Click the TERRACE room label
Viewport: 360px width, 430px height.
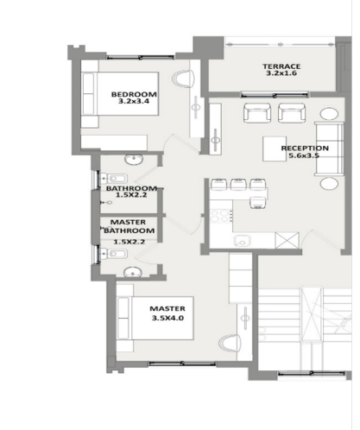click(281, 66)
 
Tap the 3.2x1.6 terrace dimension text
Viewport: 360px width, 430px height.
click(281, 73)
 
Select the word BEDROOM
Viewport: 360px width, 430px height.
click(134, 94)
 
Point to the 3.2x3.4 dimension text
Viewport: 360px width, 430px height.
click(134, 101)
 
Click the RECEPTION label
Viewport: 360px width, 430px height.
click(305, 149)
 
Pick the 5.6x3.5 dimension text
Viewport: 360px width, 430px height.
click(305, 155)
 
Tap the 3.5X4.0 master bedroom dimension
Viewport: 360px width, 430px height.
click(167, 318)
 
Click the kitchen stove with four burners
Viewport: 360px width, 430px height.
click(221, 216)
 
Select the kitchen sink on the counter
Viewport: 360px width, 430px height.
click(242, 241)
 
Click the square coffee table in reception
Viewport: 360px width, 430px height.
click(275, 149)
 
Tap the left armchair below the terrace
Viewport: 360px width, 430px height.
click(257, 113)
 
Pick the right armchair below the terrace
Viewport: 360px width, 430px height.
click(292, 113)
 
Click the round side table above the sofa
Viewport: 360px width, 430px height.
click(329, 114)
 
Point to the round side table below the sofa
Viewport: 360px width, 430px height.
click(329, 183)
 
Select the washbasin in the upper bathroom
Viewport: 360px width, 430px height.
click(134, 160)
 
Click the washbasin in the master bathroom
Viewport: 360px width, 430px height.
click(133, 272)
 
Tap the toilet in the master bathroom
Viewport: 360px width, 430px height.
click(113, 254)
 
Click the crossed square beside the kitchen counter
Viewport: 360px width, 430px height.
click(287, 240)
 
